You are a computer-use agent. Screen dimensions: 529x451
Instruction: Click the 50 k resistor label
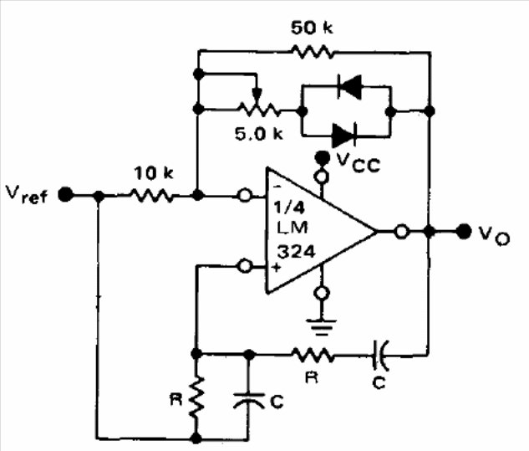[312, 28]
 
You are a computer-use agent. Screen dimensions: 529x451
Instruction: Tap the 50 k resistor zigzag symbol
[312, 52]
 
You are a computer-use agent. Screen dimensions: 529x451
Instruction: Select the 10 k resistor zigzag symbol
[152, 195]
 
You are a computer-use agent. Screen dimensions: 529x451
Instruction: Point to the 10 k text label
[154, 173]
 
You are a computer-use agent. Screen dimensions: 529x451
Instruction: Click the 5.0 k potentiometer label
[259, 134]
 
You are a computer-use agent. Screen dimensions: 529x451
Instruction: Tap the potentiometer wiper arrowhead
[257, 95]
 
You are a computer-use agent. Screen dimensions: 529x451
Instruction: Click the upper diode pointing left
[349, 86]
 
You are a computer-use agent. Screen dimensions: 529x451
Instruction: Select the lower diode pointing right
[344, 136]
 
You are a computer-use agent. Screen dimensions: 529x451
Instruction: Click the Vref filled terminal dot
[65, 195]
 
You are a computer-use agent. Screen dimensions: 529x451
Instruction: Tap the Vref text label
[27, 195]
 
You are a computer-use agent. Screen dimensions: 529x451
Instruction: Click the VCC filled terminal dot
[323, 156]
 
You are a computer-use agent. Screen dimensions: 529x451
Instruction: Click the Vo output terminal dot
[464, 232]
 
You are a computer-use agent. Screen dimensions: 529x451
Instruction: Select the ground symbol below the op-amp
[322, 326]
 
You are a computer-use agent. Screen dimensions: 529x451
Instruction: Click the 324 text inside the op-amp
[296, 252]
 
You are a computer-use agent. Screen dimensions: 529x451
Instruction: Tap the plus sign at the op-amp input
[277, 268]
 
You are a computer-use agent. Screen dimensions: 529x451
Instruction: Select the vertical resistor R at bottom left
[196, 397]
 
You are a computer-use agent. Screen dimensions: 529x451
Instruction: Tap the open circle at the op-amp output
[401, 232]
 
